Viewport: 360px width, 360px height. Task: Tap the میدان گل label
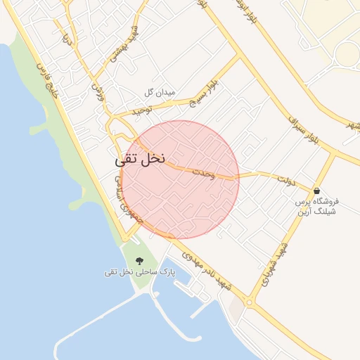coord(159,93)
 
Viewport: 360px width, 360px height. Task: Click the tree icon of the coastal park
coord(138,261)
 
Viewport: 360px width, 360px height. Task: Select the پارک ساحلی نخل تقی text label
coord(138,271)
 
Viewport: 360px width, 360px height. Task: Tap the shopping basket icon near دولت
coord(317,191)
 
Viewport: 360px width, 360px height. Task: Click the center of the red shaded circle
coord(180,180)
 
